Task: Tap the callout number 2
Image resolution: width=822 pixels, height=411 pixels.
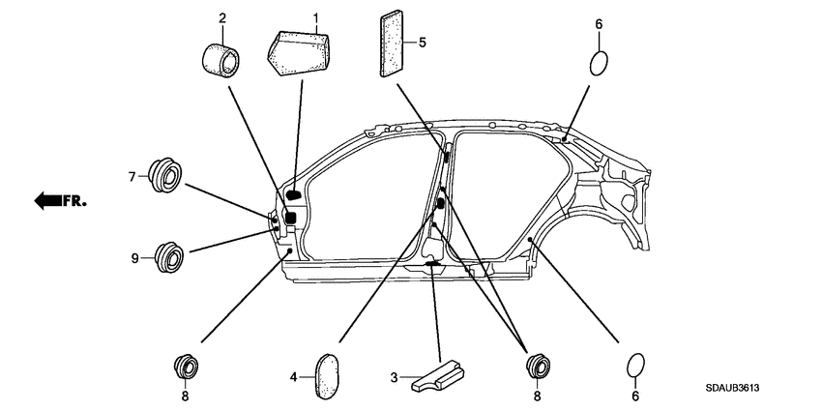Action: pyautogui.click(x=222, y=18)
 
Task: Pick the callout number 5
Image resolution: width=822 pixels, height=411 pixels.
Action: pyautogui.click(x=423, y=43)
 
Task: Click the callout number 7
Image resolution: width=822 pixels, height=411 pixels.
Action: pyautogui.click(x=132, y=176)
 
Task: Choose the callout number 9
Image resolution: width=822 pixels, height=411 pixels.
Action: pyautogui.click(x=136, y=257)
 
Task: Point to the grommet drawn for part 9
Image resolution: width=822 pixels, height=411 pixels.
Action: pyautogui.click(x=169, y=257)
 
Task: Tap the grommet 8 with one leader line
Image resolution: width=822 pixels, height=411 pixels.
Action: pyautogui.click(x=185, y=367)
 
